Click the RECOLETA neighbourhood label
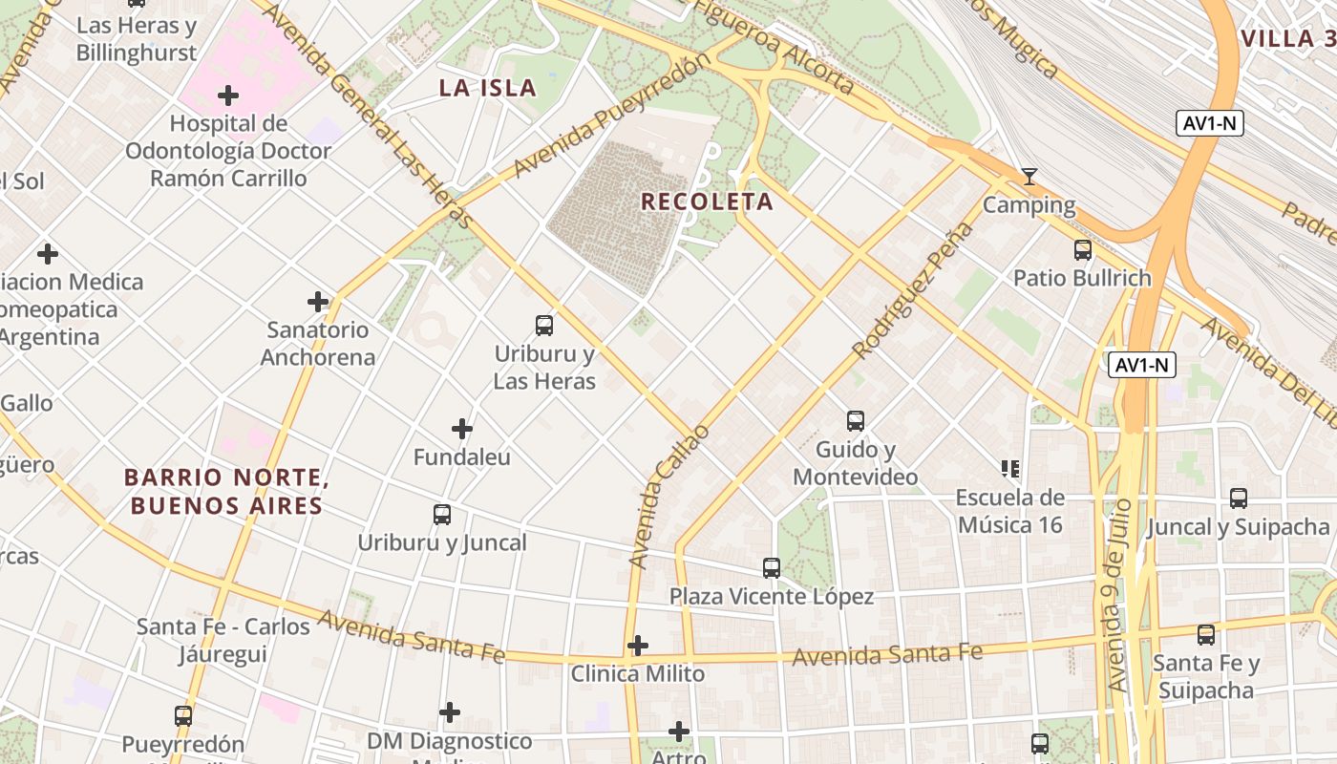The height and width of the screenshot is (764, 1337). pyautogui.click(x=707, y=202)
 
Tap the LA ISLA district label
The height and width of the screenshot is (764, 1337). pyautogui.click(x=487, y=89)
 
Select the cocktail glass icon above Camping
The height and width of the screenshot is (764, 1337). pyautogui.click(x=1029, y=177)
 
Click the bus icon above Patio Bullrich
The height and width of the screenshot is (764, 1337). pyautogui.click(x=1082, y=250)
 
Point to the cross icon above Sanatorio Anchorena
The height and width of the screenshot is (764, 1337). pyautogui.click(x=318, y=302)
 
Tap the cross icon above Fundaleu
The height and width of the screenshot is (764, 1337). pyautogui.click(x=462, y=429)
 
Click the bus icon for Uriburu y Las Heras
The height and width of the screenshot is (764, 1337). pyautogui.click(x=544, y=326)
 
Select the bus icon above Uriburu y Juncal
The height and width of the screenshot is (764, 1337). pyautogui.click(x=442, y=515)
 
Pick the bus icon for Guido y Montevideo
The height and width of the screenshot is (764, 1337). pyautogui.click(x=856, y=421)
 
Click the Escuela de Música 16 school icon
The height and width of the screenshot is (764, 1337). pyautogui.click(x=1010, y=469)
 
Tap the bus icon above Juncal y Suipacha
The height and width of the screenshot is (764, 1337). pyautogui.click(x=1239, y=499)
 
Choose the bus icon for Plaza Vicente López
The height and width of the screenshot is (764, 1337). pyautogui.click(x=772, y=568)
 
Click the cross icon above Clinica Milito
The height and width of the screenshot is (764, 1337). pyautogui.click(x=638, y=646)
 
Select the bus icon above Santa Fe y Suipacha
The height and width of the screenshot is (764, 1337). pyautogui.click(x=1206, y=635)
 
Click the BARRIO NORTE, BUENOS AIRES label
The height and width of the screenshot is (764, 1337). pyautogui.click(x=226, y=491)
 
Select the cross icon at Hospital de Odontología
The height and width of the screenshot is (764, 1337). pyautogui.click(x=228, y=95)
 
